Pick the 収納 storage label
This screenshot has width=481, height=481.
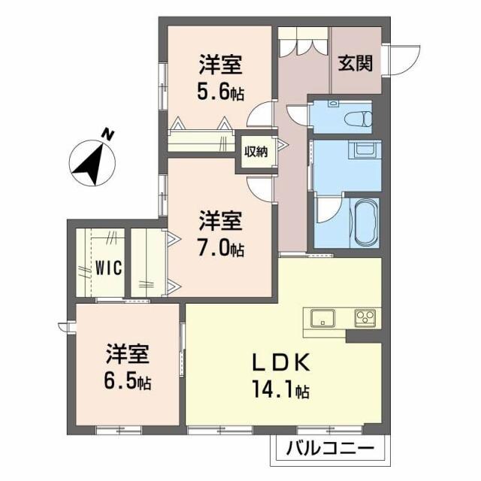tap(256, 151)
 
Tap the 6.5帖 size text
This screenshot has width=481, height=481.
tap(128, 381)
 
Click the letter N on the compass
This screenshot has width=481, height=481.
tap(108, 135)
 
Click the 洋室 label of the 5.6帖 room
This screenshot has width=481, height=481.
tap(220, 65)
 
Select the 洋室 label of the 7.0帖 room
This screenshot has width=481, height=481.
tap(220, 221)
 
